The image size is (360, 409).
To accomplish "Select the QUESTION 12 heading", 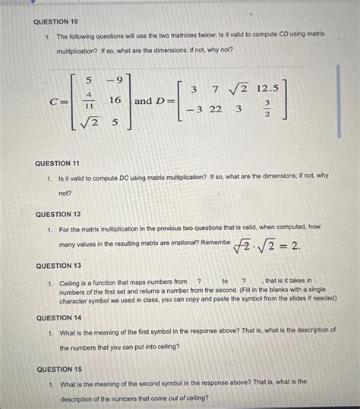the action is [x=58, y=214].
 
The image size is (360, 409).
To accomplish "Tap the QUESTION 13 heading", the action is [x=58, y=266].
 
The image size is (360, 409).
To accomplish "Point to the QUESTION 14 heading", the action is [x=58, y=318].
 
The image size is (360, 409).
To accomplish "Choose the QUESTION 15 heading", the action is [x=59, y=369].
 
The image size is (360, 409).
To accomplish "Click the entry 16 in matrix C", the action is [x=115, y=100].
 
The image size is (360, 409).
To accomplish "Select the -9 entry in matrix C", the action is [x=115, y=80].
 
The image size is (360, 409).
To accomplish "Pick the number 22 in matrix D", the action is [x=216, y=109].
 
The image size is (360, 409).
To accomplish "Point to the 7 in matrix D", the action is [x=216, y=90].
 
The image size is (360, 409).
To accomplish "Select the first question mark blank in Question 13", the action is [x=198, y=282].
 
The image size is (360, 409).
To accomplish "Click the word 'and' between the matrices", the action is [x=144, y=100].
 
